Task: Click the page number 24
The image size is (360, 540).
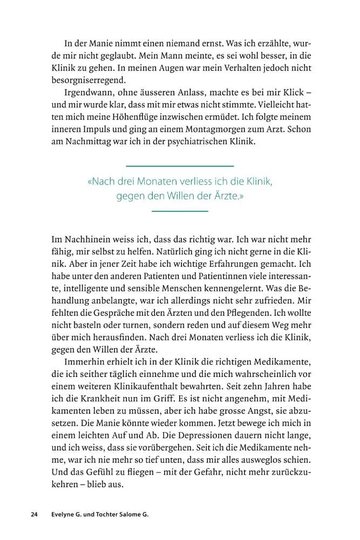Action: pyautogui.click(x=34, y=515)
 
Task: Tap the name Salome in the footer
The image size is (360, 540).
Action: pyautogui.click(x=119, y=515)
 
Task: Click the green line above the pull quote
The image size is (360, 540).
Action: pyautogui.click(x=180, y=166)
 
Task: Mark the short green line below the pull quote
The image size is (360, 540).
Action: pyautogui.click(x=180, y=211)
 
